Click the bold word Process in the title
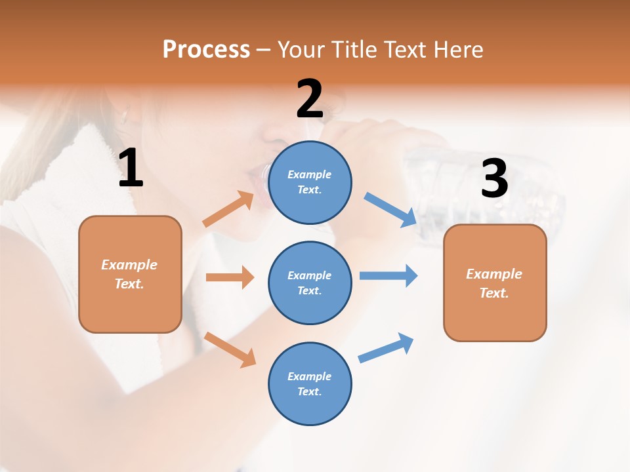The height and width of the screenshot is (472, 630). tap(206, 50)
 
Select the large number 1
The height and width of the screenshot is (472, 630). tap(131, 168)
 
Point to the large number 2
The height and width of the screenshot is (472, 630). tap(310, 99)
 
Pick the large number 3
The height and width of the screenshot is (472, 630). tap(494, 178)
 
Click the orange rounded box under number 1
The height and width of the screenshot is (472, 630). tap(130, 274)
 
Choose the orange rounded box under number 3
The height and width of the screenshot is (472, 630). tap(495, 283)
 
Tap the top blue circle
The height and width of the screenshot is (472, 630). tap(310, 182)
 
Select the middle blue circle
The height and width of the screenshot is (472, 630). tap(310, 283)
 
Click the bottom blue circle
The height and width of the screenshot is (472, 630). tap(310, 383)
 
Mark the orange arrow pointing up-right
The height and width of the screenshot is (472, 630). tap(228, 209)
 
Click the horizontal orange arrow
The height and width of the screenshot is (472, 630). tap(230, 277)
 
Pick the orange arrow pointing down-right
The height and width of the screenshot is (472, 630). tap(230, 349)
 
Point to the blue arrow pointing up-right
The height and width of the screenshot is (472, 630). tap(386, 348)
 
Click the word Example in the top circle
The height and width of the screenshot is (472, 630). tap(309, 174)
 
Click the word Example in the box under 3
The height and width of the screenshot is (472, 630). tap(494, 274)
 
